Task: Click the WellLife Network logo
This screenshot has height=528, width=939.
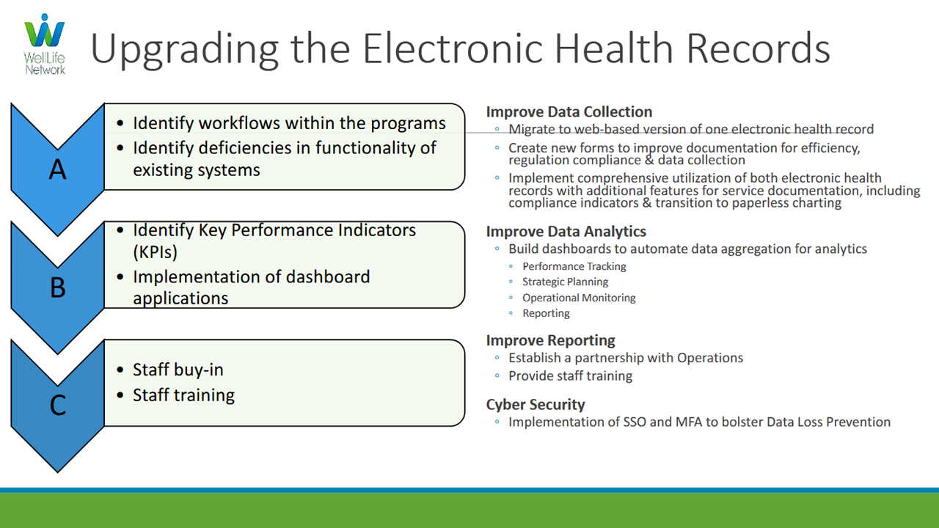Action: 45,45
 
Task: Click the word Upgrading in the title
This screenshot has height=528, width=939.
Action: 184,49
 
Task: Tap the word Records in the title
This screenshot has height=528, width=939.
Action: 758,48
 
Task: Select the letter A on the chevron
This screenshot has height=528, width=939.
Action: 58,169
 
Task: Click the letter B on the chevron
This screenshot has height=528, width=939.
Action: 58,287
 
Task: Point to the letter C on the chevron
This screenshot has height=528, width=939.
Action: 58,406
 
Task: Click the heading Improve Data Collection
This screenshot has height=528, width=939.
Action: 569,112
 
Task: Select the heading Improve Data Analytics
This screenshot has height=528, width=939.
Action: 566,231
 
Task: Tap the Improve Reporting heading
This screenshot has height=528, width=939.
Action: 550,340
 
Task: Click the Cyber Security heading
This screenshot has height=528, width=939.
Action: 536,404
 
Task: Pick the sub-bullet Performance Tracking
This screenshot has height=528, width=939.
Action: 574,266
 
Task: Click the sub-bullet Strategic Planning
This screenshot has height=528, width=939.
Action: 565,282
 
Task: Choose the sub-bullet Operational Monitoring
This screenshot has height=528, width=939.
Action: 579,298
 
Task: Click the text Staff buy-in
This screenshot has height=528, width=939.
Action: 178,370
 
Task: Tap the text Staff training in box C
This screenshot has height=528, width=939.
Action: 183,395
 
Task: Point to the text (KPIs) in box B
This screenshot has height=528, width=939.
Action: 155,252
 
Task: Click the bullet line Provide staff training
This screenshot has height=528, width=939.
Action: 570,376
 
